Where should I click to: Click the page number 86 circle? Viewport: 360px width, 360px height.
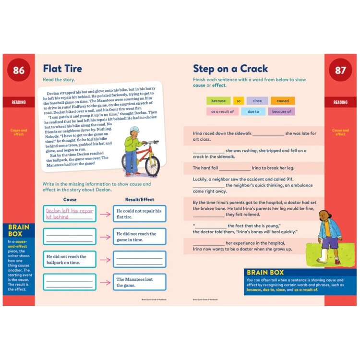[x=19, y=71]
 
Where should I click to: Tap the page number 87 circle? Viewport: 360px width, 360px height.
[x=340, y=71]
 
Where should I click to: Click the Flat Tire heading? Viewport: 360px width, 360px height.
[x=62, y=69]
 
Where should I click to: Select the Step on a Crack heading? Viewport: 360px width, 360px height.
[x=230, y=69]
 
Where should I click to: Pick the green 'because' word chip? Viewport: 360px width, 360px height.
[x=218, y=101]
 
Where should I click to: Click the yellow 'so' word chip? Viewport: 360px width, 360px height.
[x=239, y=101]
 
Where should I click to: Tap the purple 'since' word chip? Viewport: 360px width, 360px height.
[x=257, y=101]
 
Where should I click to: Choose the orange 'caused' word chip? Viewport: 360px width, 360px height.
[x=283, y=101]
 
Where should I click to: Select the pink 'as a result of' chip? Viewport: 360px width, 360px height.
[x=222, y=112]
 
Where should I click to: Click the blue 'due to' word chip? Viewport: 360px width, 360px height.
[x=253, y=112]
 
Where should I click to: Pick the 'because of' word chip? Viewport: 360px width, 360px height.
[x=281, y=112]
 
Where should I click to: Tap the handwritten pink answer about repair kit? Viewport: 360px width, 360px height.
[x=70, y=214]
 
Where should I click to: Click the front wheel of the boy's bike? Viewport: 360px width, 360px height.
[x=152, y=165]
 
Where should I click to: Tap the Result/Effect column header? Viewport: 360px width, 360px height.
[x=139, y=199]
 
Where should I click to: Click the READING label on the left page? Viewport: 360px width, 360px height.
[x=19, y=102]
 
